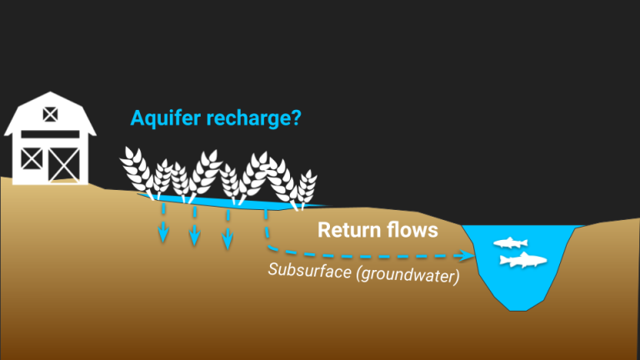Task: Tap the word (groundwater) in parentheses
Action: click(x=407, y=274)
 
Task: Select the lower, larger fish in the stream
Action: click(x=522, y=261)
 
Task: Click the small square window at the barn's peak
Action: click(x=50, y=112)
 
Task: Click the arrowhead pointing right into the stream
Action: click(x=463, y=257)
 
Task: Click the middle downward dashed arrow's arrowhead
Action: click(x=194, y=237)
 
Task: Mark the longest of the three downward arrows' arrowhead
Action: click(x=226, y=242)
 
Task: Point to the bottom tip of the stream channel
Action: click(x=518, y=309)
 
